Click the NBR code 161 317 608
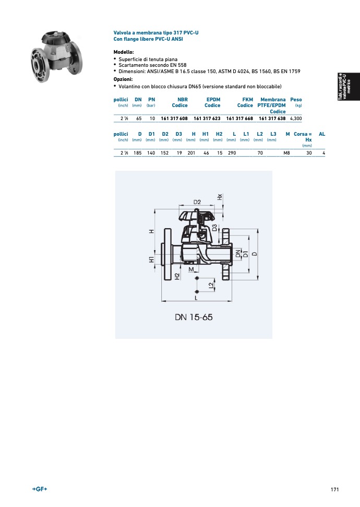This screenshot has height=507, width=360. [174, 119]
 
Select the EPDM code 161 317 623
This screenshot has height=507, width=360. [207, 119]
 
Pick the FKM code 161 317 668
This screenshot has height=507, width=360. [239, 119]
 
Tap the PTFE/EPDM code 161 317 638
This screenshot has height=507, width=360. [272, 119]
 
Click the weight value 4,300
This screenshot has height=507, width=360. [296, 119]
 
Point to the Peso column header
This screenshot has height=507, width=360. [296, 100]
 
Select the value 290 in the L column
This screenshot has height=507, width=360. [232, 153]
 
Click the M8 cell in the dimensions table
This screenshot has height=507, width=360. [286, 153]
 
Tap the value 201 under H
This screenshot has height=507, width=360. [191, 153]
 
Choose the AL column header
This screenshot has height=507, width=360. [322, 134]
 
